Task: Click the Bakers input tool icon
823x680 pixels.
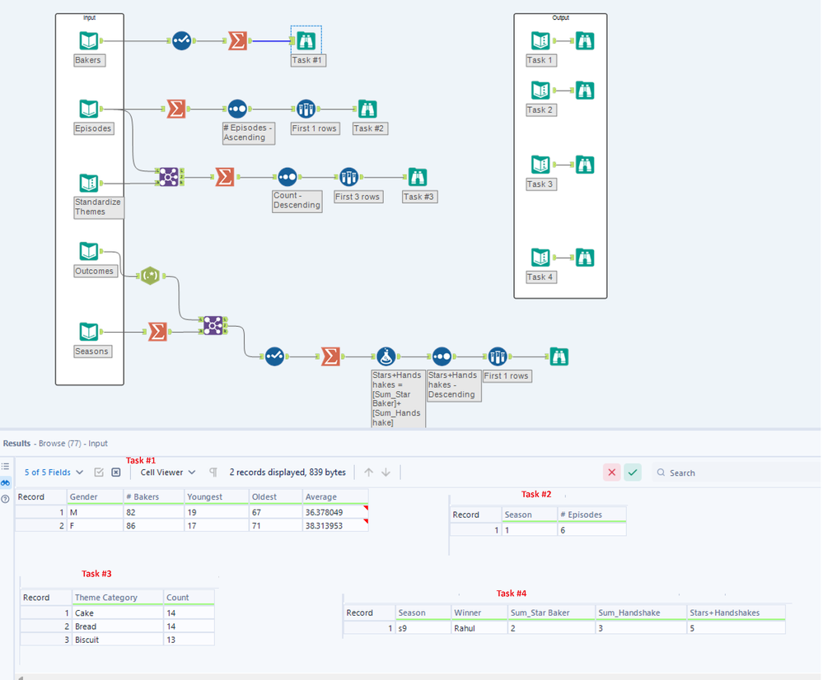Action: point(89,40)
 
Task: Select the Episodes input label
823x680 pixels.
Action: point(93,128)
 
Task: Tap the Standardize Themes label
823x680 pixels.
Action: point(98,207)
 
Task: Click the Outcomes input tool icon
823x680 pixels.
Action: point(89,251)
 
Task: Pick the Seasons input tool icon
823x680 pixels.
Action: point(89,331)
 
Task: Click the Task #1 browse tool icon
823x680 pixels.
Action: point(306,40)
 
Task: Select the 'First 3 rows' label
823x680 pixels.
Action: point(358,197)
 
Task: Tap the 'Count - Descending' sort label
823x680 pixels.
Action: point(297,200)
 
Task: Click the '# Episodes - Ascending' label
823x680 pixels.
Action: point(248,133)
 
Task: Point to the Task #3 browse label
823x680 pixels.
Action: point(419,197)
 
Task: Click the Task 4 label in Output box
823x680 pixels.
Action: point(541,277)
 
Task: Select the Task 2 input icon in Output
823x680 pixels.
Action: point(540,90)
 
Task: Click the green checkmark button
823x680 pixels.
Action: point(633,473)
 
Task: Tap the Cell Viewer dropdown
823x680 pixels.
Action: point(168,473)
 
